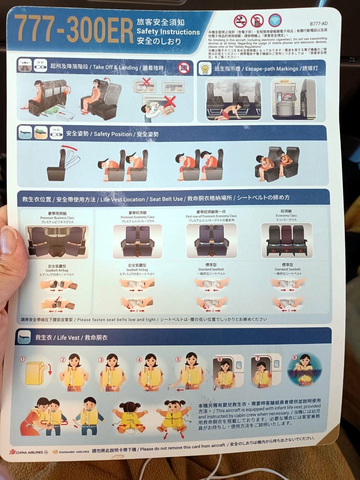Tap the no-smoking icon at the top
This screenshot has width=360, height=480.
[240, 21]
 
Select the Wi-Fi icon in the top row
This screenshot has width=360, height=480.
[275, 20]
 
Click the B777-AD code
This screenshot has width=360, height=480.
[318, 24]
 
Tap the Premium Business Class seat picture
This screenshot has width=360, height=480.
[57, 241]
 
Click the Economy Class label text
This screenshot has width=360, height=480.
[286, 215]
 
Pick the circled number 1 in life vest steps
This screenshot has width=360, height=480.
[22, 359]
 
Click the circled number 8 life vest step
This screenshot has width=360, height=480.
[294, 357]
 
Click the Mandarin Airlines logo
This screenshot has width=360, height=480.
[71, 452]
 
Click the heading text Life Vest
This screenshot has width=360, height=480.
[68, 338]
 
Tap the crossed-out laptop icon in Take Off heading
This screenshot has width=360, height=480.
[184, 68]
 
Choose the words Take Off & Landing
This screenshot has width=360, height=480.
[115, 68]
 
